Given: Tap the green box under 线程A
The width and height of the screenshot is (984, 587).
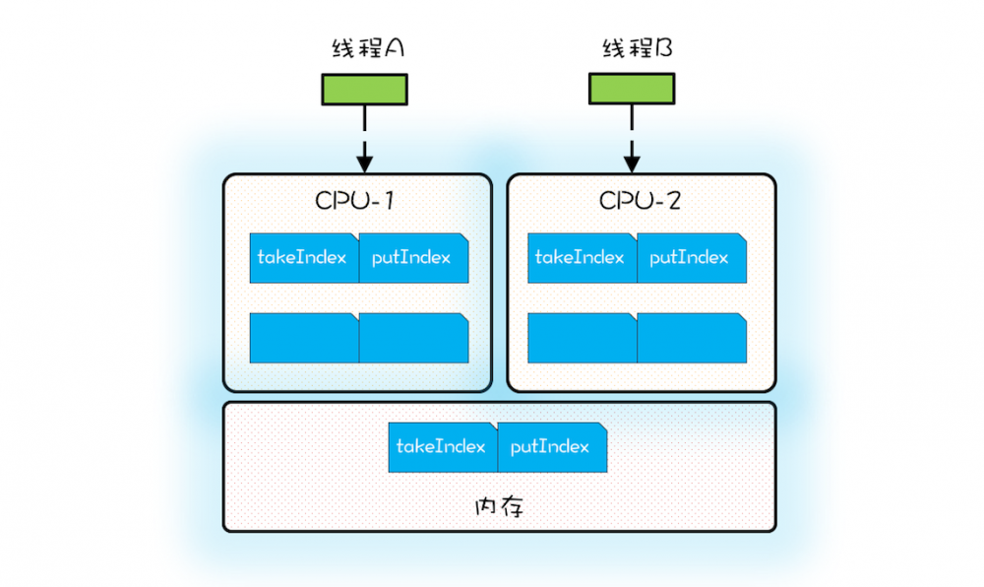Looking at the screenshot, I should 364,90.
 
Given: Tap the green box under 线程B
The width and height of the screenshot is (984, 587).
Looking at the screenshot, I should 632,90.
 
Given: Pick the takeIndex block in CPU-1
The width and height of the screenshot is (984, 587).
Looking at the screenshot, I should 303,258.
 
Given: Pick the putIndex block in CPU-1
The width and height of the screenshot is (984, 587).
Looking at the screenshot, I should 413,258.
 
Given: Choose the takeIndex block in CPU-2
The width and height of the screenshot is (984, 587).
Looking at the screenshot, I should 582,258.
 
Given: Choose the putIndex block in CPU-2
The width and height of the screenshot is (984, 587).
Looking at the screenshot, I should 691,258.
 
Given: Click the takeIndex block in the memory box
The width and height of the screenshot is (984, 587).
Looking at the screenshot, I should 443,447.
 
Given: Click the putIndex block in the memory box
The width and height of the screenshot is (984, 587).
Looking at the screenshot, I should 552,447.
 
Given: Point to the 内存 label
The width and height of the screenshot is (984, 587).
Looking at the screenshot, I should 499,508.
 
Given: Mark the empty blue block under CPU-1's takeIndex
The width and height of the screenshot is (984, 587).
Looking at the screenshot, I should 303,338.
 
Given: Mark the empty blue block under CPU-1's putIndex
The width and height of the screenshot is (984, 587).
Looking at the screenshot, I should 413,338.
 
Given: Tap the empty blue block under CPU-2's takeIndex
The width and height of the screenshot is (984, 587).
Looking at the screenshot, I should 582,338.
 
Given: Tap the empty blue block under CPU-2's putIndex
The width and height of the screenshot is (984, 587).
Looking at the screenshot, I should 691,338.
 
